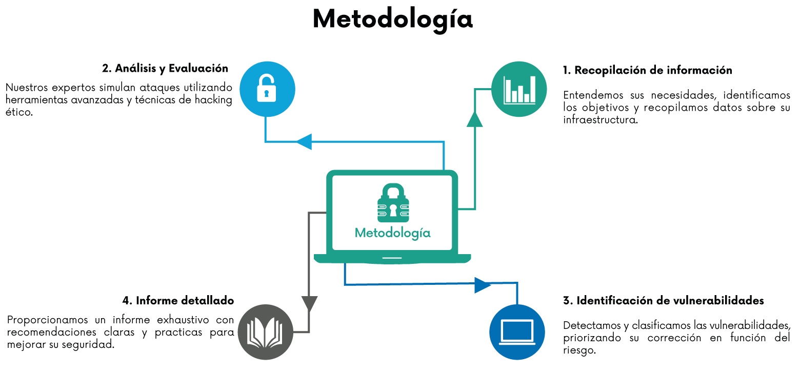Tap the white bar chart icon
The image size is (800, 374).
coord(519,90)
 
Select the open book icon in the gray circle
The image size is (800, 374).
coord(265,333)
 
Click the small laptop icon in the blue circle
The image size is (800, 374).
coord(517,332)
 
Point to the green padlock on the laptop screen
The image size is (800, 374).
coord(393,203)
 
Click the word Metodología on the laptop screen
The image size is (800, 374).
coord(393,233)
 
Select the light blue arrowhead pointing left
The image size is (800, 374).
coord(304,141)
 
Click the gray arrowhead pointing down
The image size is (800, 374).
coord(309,303)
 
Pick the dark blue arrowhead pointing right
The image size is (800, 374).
coord(483,284)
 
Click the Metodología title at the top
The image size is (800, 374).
coord(392,19)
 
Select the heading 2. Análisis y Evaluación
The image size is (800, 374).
coord(164,68)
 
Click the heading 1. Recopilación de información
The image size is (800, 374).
coord(647,70)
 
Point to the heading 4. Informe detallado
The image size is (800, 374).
coord(178,300)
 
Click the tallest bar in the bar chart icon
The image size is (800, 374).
coord(533,90)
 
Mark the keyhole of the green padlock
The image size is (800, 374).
coord(393,211)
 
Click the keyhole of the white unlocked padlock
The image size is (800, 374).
coord(266,93)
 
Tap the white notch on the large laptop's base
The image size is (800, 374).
coord(392,258)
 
